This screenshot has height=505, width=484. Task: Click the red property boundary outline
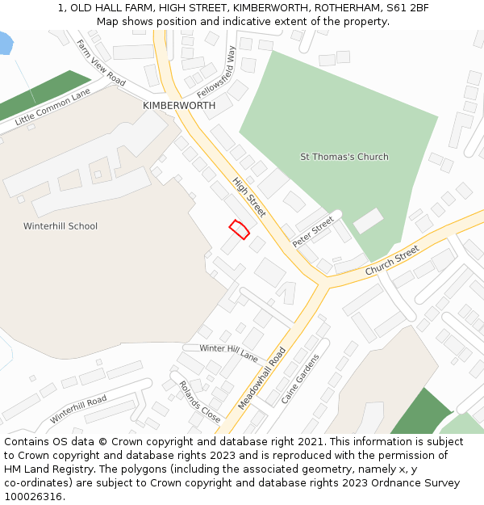(239, 229)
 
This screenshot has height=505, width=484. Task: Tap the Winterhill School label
(60, 226)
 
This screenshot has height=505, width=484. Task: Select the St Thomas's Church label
(344, 157)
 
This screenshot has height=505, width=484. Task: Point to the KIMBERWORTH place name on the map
(179, 106)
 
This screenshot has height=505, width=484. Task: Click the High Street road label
(249, 197)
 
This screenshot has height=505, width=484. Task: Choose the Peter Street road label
(313, 232)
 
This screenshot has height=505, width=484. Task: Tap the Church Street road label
(392, 260)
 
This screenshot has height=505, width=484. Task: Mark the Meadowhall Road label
(262, 378)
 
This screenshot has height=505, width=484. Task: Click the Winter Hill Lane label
(228, 352)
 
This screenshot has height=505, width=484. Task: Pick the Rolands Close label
(199, 402)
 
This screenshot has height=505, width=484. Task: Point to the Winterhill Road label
(78, 409)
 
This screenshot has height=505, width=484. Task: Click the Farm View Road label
(101, 63)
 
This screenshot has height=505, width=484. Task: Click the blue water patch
(6, 42)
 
